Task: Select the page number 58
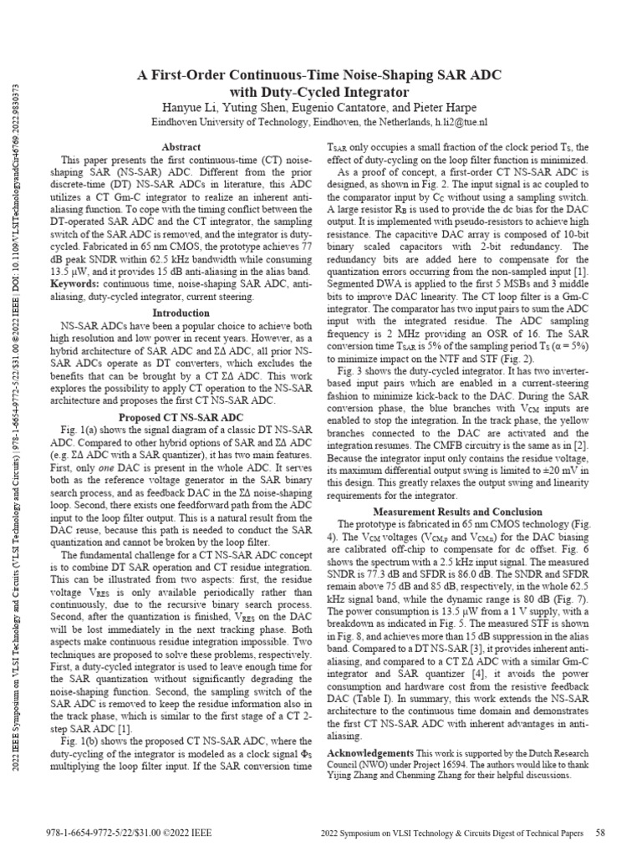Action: tap(599, 833)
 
